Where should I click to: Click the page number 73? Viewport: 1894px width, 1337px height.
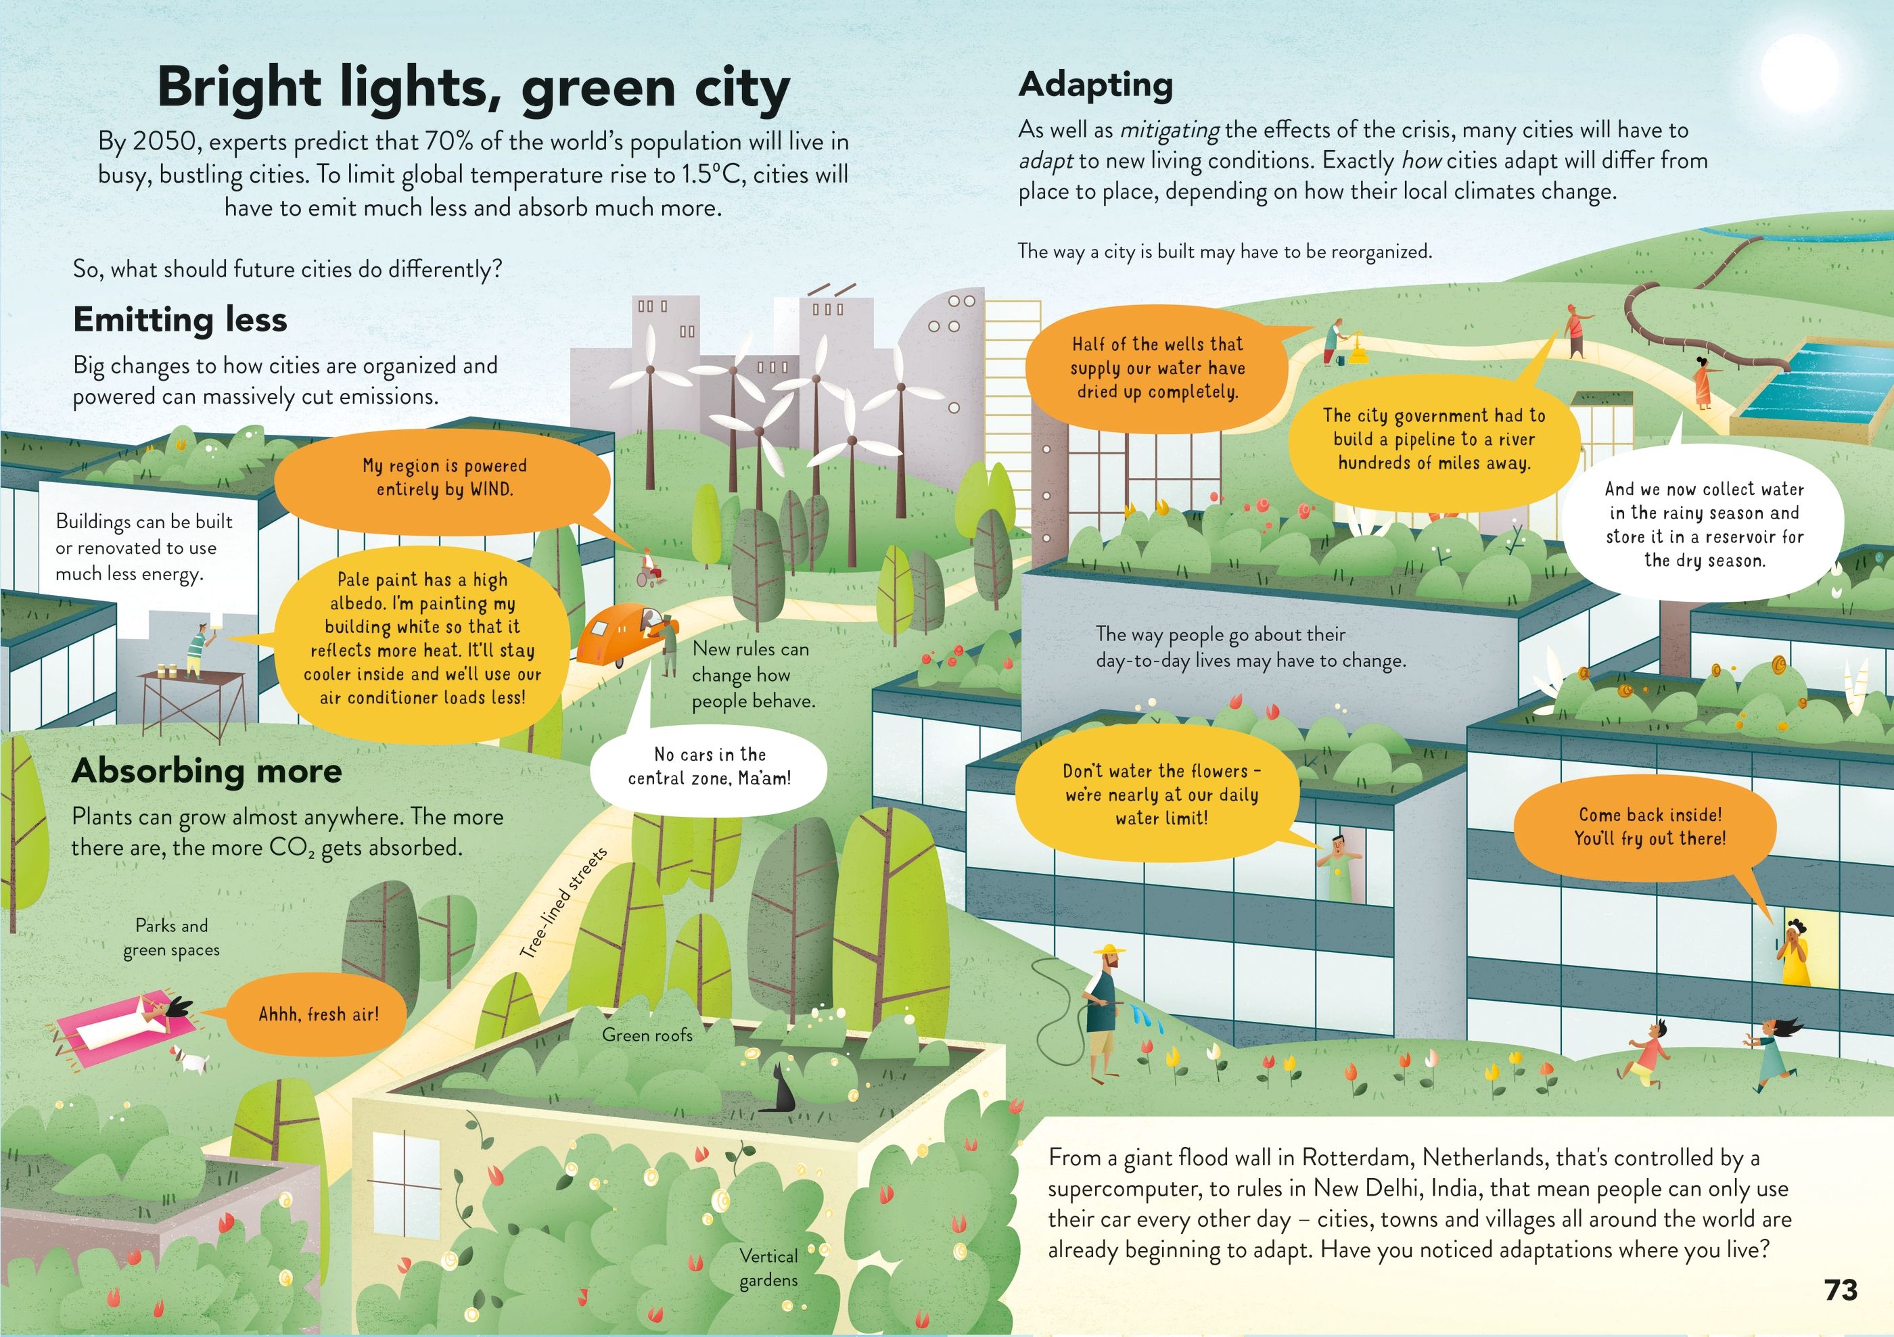point(1841,1289)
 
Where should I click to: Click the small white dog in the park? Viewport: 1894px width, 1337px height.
point(189,1060)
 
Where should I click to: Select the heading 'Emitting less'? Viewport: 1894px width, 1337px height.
point(180,319)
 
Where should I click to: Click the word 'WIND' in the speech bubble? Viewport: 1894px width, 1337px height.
point(492,489)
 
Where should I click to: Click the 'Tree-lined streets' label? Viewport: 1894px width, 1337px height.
point(563,902)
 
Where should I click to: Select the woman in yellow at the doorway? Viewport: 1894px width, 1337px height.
point(1796,953)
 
